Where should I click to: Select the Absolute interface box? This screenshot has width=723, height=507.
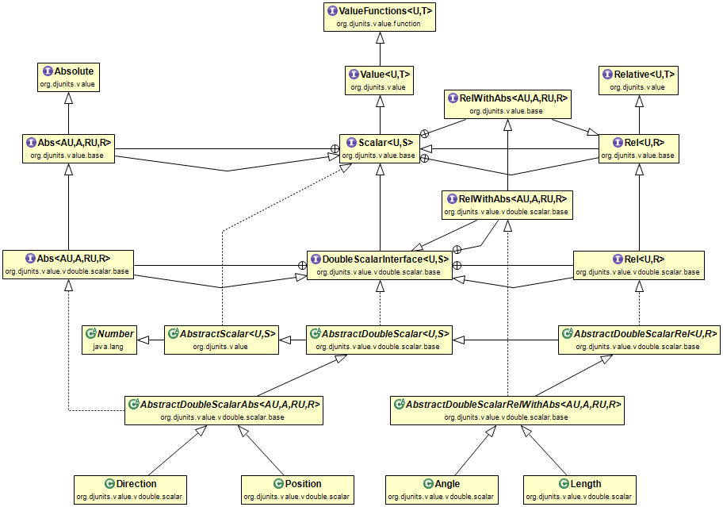pyautogui.click(x=69, y=78)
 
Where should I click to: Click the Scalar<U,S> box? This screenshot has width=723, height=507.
pyautogui.click(x=380, y=148)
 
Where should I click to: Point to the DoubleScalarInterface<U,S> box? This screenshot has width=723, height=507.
pyautogui.click(x=380, y=265)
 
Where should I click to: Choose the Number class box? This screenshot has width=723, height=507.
pyautogui.click(x=109, y=339)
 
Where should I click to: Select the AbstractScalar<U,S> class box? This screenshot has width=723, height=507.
pyautogui.click(x=220, y=339)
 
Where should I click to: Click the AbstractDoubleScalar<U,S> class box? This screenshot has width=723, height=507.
pyautogui.click(x=379, y=339)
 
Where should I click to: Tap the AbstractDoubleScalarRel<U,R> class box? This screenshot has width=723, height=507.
pyautogui.click(x=637, y=339)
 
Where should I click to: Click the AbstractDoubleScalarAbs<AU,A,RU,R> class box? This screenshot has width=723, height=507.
pyautogui.click(x=224, y=409)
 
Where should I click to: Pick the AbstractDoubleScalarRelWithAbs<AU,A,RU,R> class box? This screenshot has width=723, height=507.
pyautogui.click(x=507, y=409)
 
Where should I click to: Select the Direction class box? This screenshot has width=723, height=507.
pyautogui.click(x=128, y=489)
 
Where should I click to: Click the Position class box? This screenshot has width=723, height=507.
pyautogui.click(x=295, y=489)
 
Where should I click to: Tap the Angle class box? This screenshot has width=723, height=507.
pyautogui.click(x=442, y=489)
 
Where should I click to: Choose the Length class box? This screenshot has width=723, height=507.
pyautogui.click(x=580, y=489)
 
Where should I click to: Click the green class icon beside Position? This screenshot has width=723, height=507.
pyautogui.click(x=277, y=483)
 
